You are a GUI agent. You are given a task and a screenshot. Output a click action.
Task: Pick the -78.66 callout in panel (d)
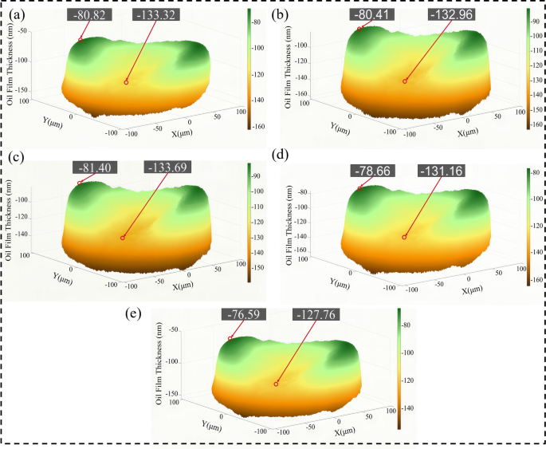point(374,170)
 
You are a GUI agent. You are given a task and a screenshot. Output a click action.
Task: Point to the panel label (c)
point(18,157)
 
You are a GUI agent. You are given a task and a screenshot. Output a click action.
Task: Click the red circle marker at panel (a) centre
point(126,82)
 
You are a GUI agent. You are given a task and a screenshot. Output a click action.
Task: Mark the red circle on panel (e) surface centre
point(276,384)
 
